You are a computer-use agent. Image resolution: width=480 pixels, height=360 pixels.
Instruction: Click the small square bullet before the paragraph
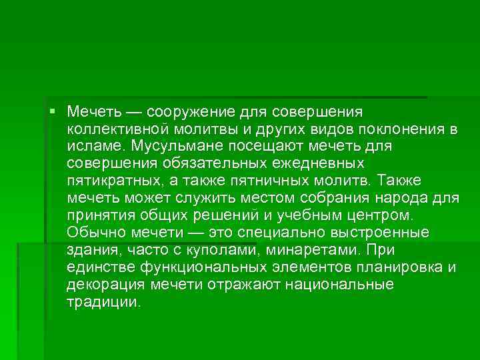coord(53,109)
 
